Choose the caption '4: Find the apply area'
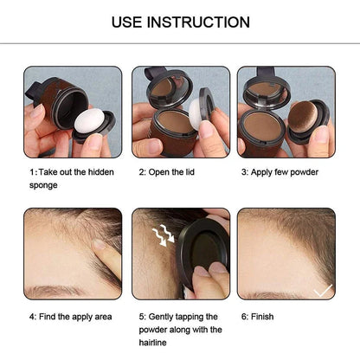click(x=71, y=317)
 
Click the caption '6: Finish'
click(x=257, y=317)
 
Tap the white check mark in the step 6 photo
click(x=322, y=292)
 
